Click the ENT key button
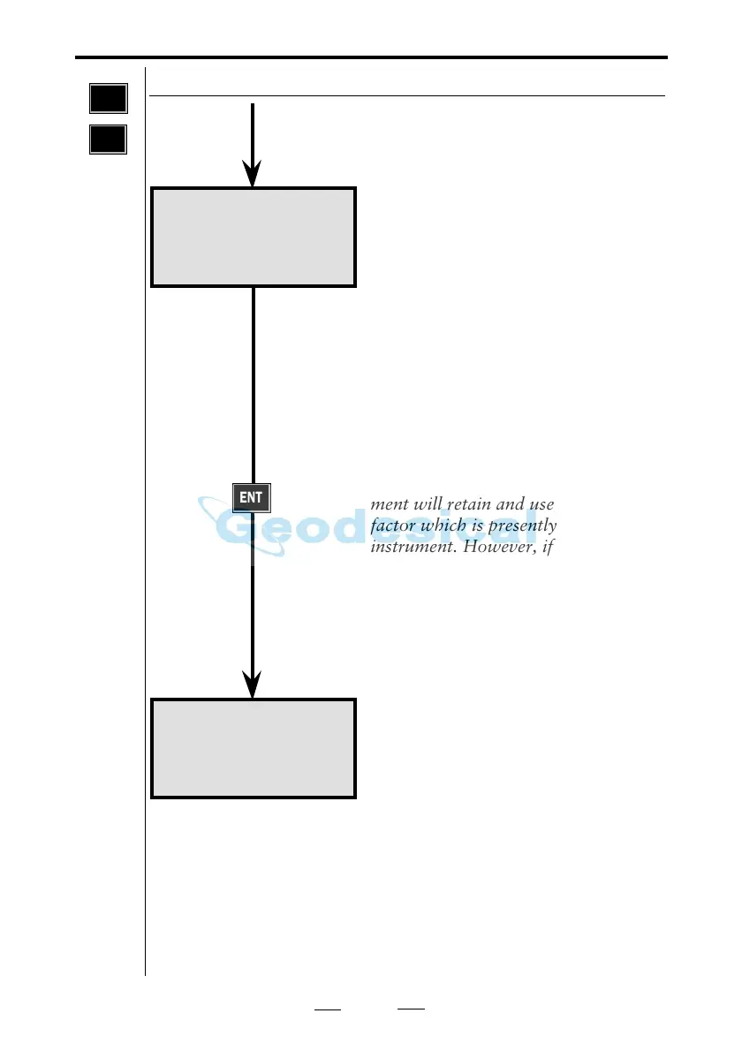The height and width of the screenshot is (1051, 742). pyautogui.click(x=251, y=498)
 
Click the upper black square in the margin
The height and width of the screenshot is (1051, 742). pyautogui.click(x=108, y=99)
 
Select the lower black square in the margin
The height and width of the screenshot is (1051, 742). pyautogui.click(x=108, y=139)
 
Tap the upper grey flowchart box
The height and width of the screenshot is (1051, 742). pyautogui.click(x=254, y=237)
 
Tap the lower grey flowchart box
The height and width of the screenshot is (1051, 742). pyautogui.click(x=254, y=748)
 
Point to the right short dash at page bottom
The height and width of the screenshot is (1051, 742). pyautogui.click(x=412, y=1009)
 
